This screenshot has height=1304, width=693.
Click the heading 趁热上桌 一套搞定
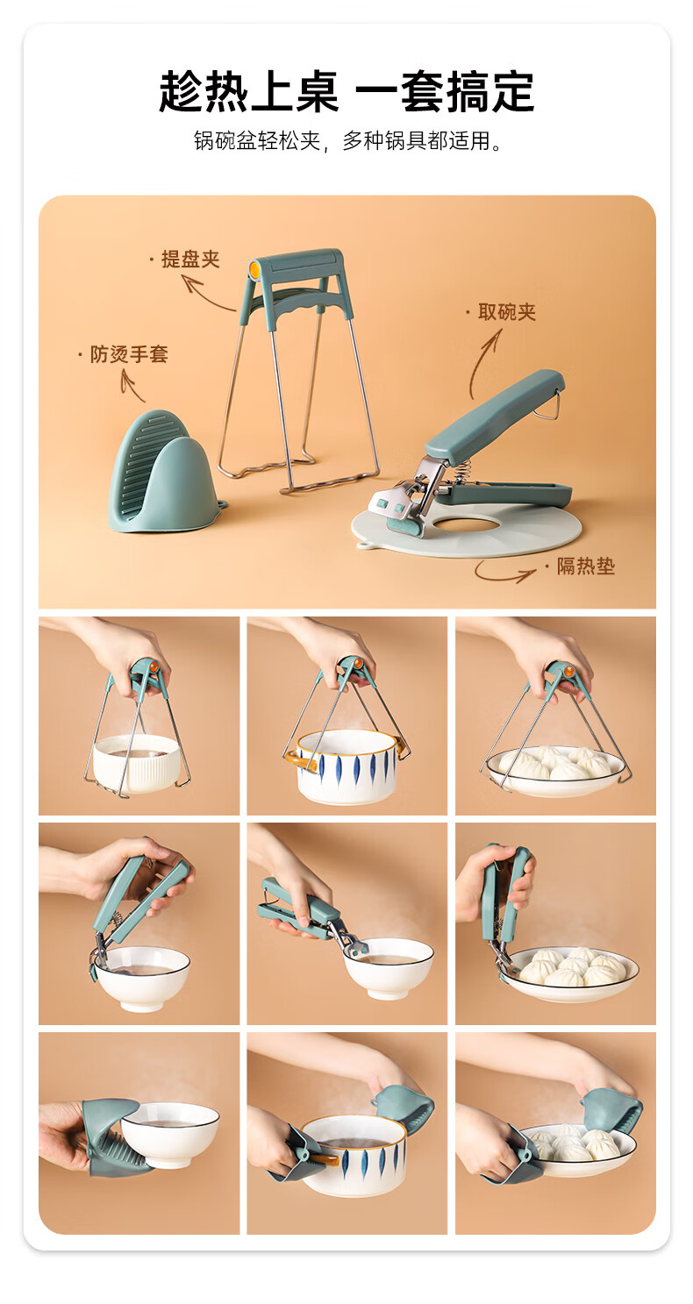346,91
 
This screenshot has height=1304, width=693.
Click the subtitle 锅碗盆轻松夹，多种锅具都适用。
347,141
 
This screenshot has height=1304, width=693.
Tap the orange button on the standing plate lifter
255,268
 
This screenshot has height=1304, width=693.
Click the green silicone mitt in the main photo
163,472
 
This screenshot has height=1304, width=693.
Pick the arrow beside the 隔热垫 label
504,572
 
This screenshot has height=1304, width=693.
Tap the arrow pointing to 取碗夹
484,362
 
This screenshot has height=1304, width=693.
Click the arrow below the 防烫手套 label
132,385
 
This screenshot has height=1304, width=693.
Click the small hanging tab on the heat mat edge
365,546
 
